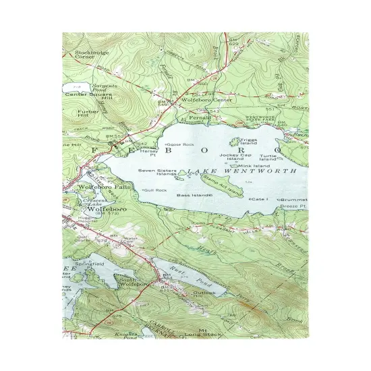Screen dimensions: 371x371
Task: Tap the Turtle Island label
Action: point(268,157)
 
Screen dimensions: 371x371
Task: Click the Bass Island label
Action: point(193,196)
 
